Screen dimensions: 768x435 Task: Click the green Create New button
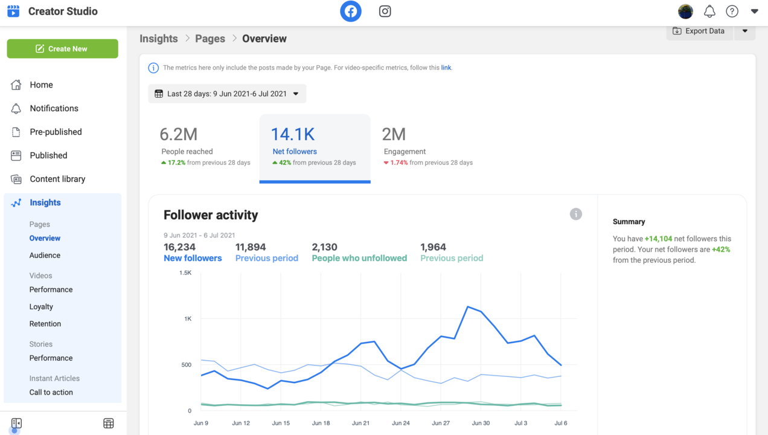pyautogui.click(x=62, y=49)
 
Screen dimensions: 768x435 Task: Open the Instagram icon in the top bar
pyautogui.click(x=385, y=11)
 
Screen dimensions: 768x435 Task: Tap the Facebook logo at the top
pyautogui.click(x=350, y=11)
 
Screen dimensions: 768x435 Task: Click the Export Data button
pyautogui.click(x=699, y=31)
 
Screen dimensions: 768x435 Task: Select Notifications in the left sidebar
pyautogui.click(x=54, y=108)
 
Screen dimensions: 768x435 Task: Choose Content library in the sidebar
pyautogui.click(x=57, y=179)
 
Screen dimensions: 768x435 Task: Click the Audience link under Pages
pyautogui.click(x=45, y=255)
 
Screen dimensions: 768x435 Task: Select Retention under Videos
pyautogui.click(x=45, y=324)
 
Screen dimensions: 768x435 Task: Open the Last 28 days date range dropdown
pyautogui.click(x=227, y=94)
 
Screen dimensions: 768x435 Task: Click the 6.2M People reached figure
pyautogui.click(x=179, y=134)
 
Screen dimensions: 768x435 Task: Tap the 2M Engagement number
pyautogui.click(x=394, y=134)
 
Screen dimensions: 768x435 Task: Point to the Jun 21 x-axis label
pyautogui.click(x=360, y=423)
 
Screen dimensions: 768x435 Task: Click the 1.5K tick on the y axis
pyautogui.click(x=185, y=272)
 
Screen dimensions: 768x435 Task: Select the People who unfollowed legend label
pyautogui.click(x=359, y=258)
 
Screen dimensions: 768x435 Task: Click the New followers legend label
pyautogui.click(x=193, y=258)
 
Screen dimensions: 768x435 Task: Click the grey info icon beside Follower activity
pyautogui.click(x=576, y=214)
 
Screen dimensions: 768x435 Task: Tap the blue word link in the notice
pyautogui.click(x=446, y=68)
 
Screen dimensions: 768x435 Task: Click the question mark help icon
pyautogui.click(x=732, y=11)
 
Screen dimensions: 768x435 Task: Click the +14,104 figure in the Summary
pyautogui.click(x=658, y=239)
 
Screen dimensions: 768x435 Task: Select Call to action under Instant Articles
pyautogui.click(x=51, y=392)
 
